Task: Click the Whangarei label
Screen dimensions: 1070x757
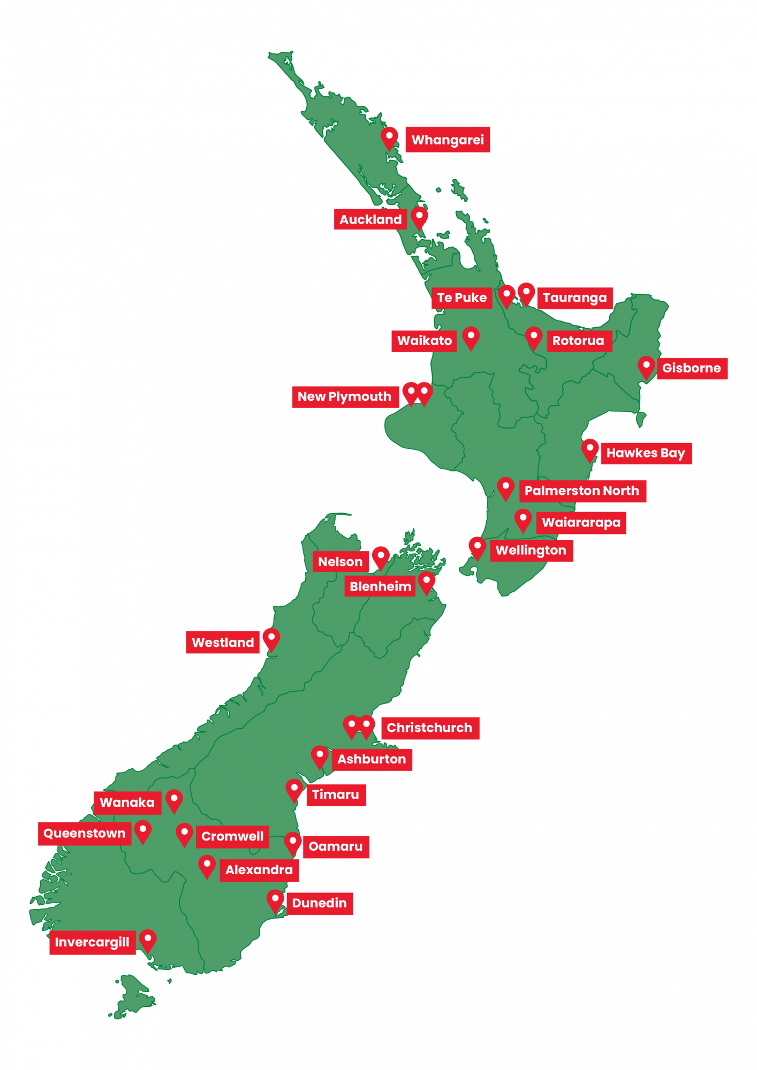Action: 448,140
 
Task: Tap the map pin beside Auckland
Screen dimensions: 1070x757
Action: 419,217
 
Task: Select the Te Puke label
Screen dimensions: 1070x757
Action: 461,298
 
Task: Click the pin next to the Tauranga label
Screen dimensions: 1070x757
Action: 526,294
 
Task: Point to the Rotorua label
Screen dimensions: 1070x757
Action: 578,341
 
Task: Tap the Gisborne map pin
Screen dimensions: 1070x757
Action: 646,368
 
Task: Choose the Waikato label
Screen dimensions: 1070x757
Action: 424,341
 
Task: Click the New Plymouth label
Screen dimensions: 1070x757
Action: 344,397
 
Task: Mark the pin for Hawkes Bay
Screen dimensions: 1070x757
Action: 590,450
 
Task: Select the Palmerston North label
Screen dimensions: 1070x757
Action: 582,491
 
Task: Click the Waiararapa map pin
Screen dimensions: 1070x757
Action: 523,520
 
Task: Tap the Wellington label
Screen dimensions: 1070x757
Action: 531,551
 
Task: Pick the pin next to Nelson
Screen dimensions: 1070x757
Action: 381,557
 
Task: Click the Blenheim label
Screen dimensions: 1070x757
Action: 380,587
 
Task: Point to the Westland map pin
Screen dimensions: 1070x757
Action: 271,639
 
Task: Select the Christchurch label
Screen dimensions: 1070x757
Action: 429,728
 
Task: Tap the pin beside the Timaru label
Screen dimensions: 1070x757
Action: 294,789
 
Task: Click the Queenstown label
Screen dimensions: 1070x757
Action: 84,834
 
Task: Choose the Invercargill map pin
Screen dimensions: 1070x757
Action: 148,939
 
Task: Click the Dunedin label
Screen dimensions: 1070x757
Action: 320,904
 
